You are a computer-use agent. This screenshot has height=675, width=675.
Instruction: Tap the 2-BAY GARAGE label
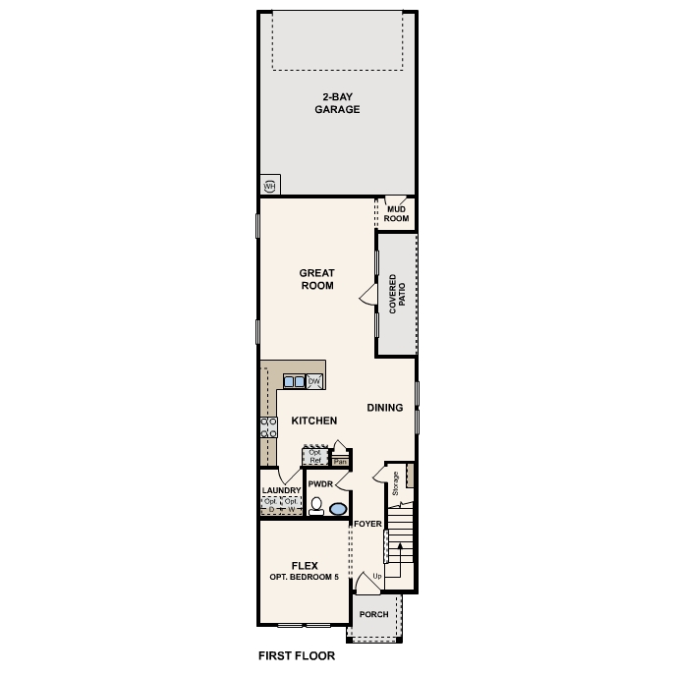point(337,103)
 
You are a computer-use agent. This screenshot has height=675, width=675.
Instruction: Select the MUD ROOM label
point(397,213)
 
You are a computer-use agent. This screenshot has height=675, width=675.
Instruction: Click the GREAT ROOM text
point(317,280)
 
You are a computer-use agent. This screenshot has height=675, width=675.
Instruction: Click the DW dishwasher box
point(314,381)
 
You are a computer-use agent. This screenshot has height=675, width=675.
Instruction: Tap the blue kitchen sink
point(294,381)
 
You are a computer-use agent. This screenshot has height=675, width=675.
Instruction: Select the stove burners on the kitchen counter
point(267,425)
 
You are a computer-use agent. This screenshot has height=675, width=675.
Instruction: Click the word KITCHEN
point(314,421)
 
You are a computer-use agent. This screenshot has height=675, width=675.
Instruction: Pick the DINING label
point(385,408)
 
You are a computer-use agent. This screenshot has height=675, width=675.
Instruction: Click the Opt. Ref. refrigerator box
point(315,457)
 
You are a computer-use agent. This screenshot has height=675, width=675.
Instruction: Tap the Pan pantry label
point(341,460)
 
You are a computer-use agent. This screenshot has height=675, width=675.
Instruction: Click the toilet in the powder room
point(316,507)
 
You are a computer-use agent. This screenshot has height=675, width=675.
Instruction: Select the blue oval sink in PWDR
point(338,509)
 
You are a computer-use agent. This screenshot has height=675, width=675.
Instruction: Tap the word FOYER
point(367,524)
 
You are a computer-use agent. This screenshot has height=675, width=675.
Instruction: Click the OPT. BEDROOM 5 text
point(304,576)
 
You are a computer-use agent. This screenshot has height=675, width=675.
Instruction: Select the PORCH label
point(373,615)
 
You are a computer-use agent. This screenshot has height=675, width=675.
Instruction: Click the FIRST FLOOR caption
point(297,655)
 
